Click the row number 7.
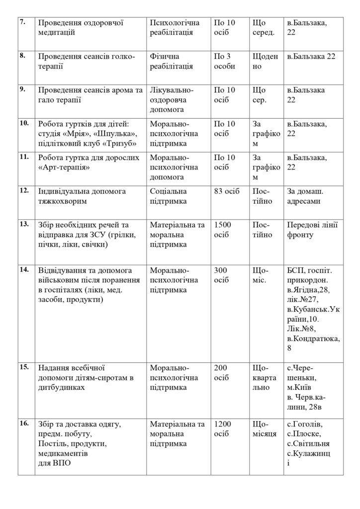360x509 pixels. [22, 23]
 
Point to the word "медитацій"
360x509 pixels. [57, 32]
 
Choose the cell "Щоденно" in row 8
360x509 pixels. [266, 62]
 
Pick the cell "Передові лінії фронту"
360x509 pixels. [313, 230]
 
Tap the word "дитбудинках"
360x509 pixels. [61, 387]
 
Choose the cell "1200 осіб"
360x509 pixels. [222, 429]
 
